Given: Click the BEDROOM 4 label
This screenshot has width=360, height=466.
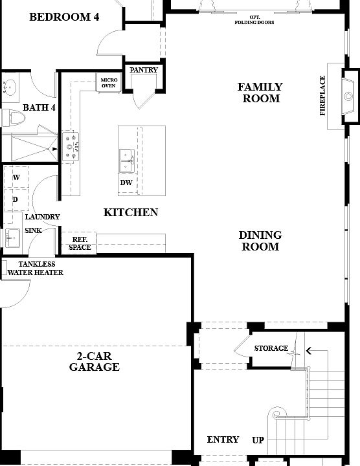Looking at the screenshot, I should click(x=64, y=17).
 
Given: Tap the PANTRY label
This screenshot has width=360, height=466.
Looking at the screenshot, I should click(x=144, y=70).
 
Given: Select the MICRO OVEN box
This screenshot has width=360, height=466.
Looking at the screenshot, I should click(x=108, y=82).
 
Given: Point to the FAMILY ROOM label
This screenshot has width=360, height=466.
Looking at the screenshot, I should click(x=260, y=93).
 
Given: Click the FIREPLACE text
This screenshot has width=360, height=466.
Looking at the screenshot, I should click(x=323, y=96).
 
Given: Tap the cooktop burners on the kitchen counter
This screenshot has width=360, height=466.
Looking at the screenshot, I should click(x=72, y=146).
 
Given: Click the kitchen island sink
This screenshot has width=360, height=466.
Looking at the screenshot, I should click(x=126, y=160).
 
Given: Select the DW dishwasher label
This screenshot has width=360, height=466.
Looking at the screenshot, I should click(x=126, y=183).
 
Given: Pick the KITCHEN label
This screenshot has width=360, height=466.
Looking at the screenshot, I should click(x=131, y=212).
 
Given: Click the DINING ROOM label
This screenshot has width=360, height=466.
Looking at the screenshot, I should click(x=260, y=241).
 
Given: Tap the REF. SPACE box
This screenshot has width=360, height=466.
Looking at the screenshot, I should click(x=80, y=243).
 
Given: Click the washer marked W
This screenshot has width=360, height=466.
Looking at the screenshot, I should click(x=16, y=177).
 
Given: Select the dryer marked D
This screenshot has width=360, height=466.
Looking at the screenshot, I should click(x=15, y=199).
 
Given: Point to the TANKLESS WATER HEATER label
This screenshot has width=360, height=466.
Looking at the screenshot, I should click(x=36, y=269).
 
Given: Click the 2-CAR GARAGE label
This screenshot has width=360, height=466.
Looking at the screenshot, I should click(x=95, y=361).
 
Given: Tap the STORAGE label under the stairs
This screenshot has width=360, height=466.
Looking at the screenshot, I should click(x=271, y=349).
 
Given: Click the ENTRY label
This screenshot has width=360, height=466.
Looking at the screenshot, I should click(x=223, y=440).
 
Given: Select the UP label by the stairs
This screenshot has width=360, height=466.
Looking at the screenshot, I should click(x=258, y=441).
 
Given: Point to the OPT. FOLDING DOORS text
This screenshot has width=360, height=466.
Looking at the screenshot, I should click(x=254, y=19).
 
